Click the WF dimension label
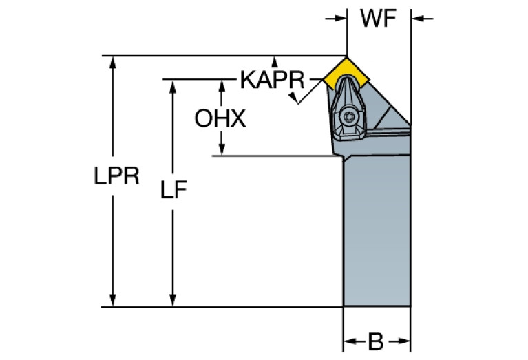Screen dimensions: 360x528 click(378, 19)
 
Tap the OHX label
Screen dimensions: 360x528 click(220, 119)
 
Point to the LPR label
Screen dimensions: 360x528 click(117, 177)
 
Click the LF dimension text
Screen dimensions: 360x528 click(175, 190)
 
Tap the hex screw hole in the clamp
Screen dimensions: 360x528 click(349, 119)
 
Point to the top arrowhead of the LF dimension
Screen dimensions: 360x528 click(172, 84)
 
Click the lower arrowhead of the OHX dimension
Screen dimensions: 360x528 click(222, 151)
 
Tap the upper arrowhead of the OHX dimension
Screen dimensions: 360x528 click(222, 84)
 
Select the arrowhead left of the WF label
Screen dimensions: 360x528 click(340, 19)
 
